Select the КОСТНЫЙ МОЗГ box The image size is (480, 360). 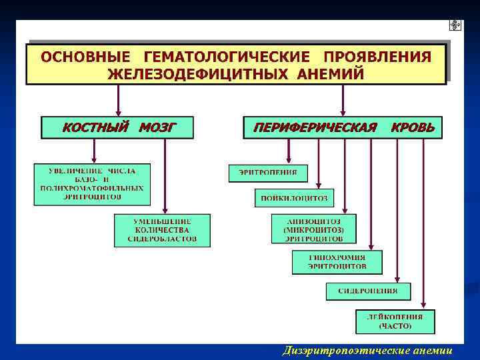tap(117, 127)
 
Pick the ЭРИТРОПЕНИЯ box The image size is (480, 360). tap(268, 173)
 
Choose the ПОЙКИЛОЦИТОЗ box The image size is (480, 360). tap(294, 198)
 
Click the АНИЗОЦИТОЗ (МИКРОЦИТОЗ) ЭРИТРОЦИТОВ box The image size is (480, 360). tap(313, 229)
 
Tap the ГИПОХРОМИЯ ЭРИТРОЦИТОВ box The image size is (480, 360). tap(337, 261)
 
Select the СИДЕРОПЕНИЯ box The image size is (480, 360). tap(368, 291)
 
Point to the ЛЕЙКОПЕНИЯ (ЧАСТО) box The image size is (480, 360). tap(395, 321)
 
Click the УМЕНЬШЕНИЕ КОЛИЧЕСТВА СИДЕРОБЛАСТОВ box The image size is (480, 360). tap(162, 230)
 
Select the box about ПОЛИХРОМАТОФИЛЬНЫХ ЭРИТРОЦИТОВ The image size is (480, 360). tap(92, 185)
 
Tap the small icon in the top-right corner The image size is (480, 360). tap(456, 25)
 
